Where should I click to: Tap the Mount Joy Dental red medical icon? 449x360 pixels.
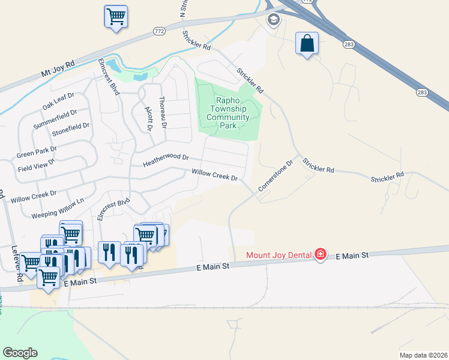[321, 255]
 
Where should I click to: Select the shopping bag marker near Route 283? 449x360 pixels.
[307, 43]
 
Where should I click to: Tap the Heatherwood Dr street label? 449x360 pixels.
[166, 160]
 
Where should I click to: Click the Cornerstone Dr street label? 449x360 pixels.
[275, 175]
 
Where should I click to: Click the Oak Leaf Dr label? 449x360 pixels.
[58, 100]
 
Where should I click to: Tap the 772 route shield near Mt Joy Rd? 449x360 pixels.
[159, 31]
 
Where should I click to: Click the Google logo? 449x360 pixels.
[20, 353]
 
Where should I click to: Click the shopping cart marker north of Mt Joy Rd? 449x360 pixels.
[116, 16]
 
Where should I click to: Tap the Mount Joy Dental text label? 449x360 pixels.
[279, 256]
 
